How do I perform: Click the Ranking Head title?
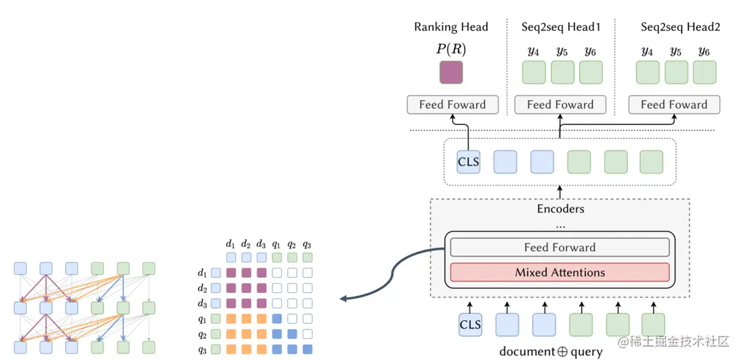tap(451, 27)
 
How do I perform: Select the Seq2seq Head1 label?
tap(560, 27)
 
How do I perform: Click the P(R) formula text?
tap(451, 50)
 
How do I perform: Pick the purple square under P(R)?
tap(451, 73)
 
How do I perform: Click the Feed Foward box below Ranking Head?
tap(452, 105)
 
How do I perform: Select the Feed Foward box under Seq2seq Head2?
tap(673, 105)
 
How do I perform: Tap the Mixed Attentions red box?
tap(560, 272)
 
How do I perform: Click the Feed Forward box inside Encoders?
tap(560, 247)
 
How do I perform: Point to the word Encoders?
tap(560, 209)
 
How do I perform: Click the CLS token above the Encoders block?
tap(468, 162)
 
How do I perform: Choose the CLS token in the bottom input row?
tap(470, 324)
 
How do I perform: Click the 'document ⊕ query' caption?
tap(551, 352)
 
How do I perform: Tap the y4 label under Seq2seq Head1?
tap(533, 52)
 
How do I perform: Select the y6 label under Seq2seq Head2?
tap(704, 52)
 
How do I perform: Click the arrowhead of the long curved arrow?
tap(343, 299)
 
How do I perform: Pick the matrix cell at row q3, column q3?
tap(307, 349)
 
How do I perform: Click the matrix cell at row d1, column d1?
tap(231, 273)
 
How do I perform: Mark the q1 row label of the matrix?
tap(202, 319)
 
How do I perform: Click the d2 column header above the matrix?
tap(246, 244)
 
